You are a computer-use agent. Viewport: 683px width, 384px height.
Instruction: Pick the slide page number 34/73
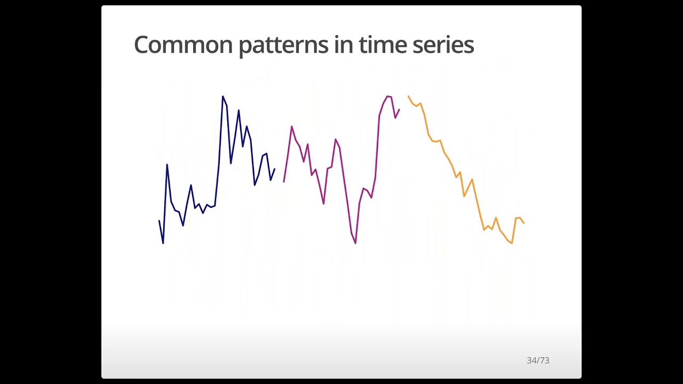click(538, 361)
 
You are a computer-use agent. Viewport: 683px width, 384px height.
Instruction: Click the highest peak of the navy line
click(223, 97)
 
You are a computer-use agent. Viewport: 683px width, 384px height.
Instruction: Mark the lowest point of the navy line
click(163, 243)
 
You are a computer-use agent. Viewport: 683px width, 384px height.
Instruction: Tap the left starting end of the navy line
click(159, 221)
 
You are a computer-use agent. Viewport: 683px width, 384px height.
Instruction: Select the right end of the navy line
click(274, 169)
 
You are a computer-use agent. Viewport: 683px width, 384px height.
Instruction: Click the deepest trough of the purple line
click(355, 243)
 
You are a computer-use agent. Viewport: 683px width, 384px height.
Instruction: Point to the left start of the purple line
click(284, 182)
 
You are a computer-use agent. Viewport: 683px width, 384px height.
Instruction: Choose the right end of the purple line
click(399, 109)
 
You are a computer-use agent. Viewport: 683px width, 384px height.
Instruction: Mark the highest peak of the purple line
click(388, 97)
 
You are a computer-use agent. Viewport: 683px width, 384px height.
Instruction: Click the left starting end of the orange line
click(408, 97)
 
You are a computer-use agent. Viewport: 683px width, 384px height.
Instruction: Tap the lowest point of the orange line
click(512, 243)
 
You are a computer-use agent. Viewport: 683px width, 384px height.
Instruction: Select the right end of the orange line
click(524, 223)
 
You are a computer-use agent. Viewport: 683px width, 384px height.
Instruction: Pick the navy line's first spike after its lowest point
click(167, 164)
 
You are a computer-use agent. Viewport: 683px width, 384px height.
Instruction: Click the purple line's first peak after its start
click(291, 126)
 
